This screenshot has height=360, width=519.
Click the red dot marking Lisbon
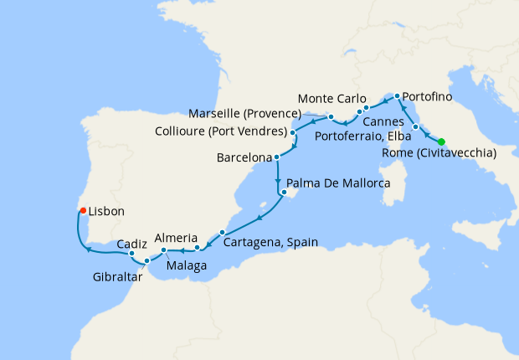(83, 211)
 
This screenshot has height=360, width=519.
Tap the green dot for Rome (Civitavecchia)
(441, 141)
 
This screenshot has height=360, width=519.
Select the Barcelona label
(244, 157)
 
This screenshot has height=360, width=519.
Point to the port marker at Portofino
(397, 97)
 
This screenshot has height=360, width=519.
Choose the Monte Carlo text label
(331, 98)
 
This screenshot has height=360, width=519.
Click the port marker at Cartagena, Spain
(223, 233)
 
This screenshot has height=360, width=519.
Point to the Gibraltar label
(117, 274)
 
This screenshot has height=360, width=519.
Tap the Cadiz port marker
(132, 253)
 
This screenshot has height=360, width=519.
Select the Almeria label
(177, 237)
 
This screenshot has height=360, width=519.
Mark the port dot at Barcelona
(277, 157)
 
